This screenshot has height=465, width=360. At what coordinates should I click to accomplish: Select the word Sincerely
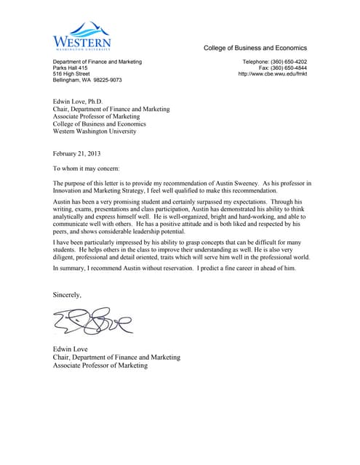click(68, 294)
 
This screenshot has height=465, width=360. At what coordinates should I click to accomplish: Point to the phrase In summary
click(72, 268)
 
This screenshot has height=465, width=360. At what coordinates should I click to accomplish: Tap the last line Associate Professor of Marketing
click(100, 365)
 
